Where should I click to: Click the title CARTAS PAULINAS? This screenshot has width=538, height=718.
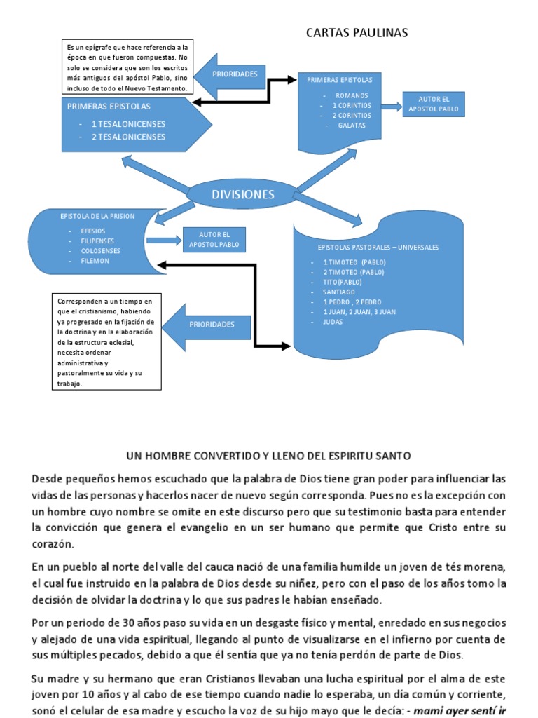(x=357, y=33)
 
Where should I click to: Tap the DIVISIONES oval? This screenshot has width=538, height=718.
(x=244, y=194)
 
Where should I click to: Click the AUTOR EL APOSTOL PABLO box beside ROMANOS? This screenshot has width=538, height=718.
(x=433, y=104)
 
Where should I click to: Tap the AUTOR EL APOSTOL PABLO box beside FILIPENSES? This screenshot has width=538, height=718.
(x=214, y=239)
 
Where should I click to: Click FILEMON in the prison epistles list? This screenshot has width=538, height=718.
(x=95, y=261)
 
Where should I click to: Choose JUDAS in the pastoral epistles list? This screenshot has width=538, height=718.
(x=333, y=321)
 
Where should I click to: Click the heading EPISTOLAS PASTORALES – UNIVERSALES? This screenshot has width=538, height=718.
(x=378, y=248)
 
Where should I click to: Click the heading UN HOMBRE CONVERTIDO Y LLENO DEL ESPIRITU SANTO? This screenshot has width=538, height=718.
(x=269, y=456)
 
